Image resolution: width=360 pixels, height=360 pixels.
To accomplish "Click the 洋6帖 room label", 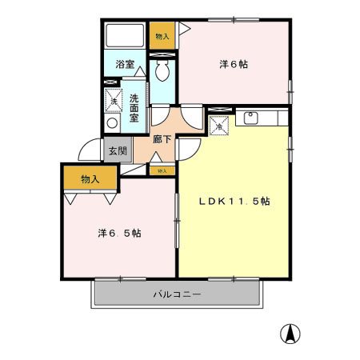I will coord(233,64).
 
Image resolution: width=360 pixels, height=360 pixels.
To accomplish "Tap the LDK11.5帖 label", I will coord(234,202).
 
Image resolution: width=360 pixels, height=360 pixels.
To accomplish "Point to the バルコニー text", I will coord(177,294).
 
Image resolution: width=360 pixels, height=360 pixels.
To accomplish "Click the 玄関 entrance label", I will coord(118,150).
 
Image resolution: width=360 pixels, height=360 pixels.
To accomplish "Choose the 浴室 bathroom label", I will coord(124,63).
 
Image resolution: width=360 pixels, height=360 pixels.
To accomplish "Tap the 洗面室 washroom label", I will coord(134,102).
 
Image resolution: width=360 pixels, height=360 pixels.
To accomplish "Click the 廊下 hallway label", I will coord(162,138).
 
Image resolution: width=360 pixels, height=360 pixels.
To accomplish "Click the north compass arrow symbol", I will coord(288,333).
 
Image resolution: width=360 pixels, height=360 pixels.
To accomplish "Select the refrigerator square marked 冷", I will coord(218,125).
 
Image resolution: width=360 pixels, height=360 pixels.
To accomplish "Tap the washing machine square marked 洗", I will coord(114,101).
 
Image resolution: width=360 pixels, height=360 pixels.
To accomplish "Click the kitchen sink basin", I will coord(250,118).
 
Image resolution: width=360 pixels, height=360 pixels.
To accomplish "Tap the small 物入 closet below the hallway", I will coord(162,170).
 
